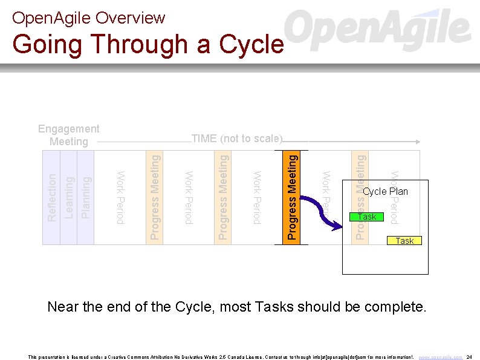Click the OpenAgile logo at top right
378,30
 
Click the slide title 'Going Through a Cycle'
148,44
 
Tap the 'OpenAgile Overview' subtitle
88,18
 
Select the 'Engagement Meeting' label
68,135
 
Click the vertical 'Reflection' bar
51,197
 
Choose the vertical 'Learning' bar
69,197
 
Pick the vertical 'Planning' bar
86,197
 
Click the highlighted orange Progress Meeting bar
291,197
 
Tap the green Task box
367,217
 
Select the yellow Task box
404,241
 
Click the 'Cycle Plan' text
386,192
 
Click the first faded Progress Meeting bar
155,197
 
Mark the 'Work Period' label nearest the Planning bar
120,197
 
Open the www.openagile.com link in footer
441,357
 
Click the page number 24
470,357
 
